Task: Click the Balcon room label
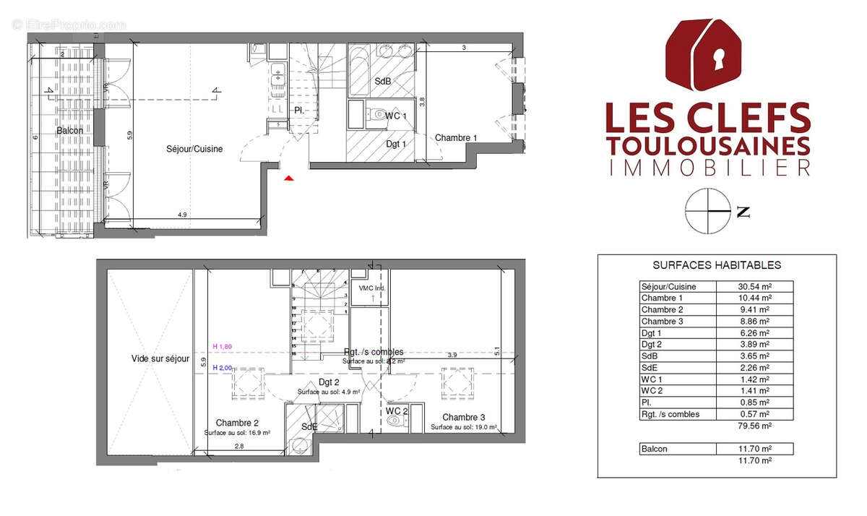point(70,131)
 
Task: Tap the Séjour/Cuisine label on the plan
point(191,149)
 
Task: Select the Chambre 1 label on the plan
point(456,138)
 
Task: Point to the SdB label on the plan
point(382,82)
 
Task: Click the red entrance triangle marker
point(289,178)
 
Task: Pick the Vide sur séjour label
point(160,358)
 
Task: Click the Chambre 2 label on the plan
point(237,423)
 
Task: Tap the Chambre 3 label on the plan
point(463,417)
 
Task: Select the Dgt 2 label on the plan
point(329,382)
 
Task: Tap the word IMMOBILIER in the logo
point(707,168)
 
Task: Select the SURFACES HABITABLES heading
point(717,265)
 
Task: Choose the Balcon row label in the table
point(655,449)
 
